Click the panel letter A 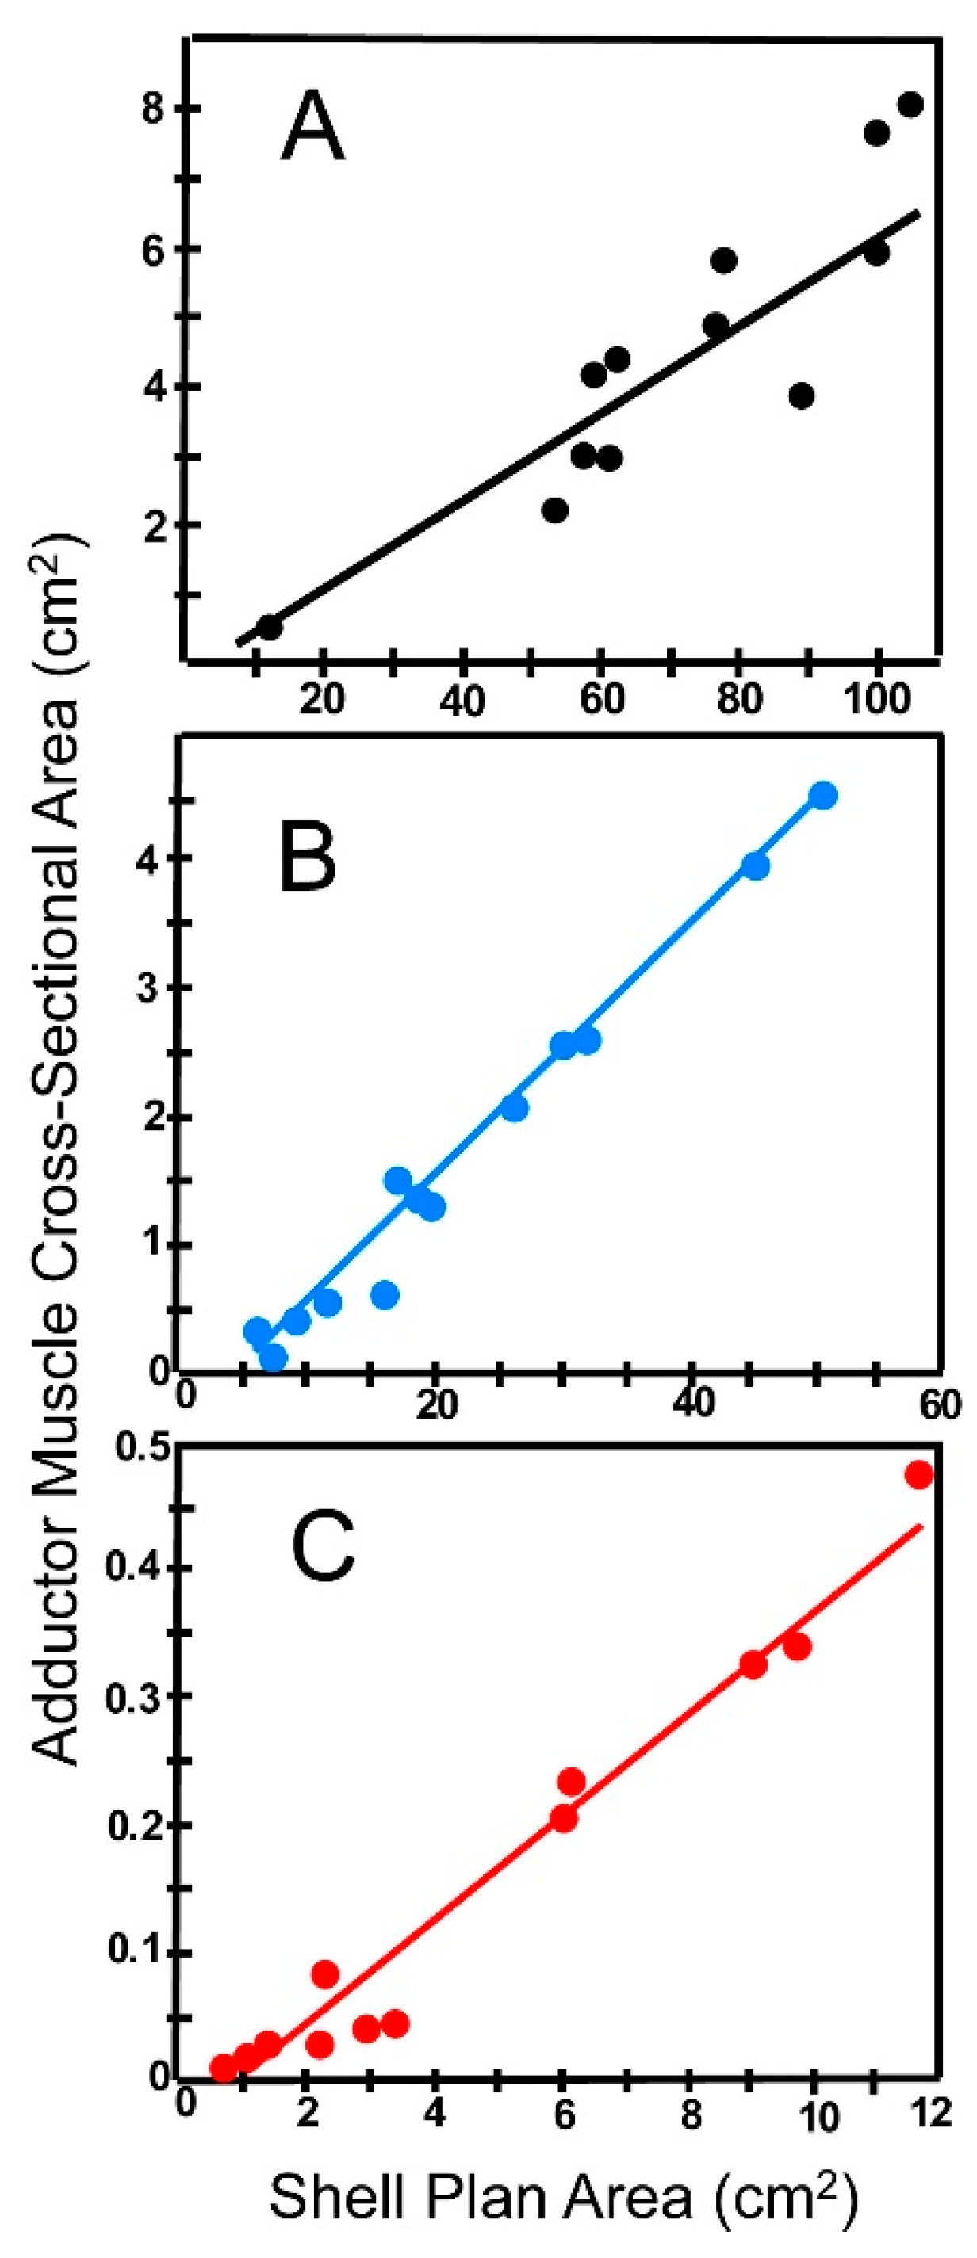312,128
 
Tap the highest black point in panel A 910,105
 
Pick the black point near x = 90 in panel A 801,396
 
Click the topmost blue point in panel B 823,795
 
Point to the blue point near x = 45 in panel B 756,866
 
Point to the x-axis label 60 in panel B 941,1405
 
